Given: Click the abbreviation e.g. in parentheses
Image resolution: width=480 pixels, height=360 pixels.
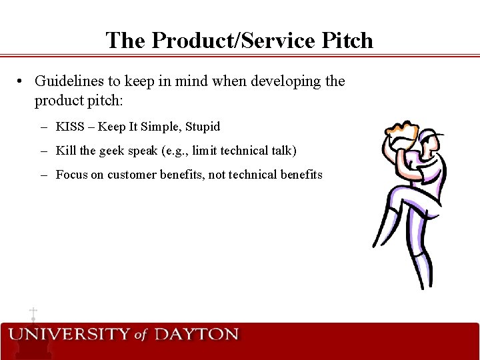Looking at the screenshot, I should click(175, 151).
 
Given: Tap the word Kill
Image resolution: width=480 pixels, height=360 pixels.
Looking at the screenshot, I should click(66, 151).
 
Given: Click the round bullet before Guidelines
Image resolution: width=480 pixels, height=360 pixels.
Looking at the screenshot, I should click(22, 81).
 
